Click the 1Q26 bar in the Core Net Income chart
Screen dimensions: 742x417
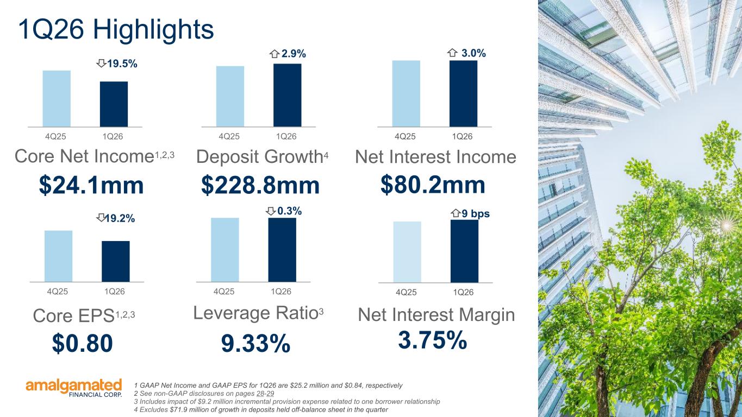[114, 104]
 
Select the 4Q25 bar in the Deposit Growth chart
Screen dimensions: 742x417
[230, 96]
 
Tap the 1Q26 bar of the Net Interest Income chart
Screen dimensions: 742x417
[464, 93]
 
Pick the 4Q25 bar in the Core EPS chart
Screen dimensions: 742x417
[58, 256]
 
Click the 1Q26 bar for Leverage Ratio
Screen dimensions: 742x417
[282, 250]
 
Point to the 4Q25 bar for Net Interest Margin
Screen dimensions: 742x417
[408, 252]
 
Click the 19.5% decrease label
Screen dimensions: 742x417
[122, 64]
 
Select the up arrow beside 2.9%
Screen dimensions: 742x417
[275, 54]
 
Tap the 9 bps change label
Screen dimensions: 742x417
[476, 213]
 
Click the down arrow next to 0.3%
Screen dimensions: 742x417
[271, 211]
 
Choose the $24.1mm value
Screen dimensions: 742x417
[91, 185]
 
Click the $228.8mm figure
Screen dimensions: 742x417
[260, 185]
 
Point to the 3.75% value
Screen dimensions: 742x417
[433, 340]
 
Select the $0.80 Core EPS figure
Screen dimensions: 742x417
[83, 343]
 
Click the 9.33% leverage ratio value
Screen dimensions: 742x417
[255, 344]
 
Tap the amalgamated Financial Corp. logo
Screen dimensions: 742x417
[74, 388]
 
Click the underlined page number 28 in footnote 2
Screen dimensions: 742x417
[260, 394]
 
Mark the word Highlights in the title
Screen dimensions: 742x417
[153, 29]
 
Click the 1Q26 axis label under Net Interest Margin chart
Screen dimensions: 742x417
[463, 292]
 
